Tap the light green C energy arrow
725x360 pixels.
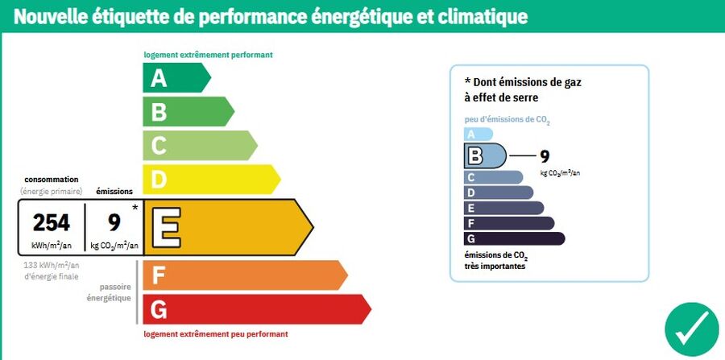click(x=198, y=145)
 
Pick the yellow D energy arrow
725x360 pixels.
click(x=209, y=179)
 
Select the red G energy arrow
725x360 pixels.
click(x=255, y=309)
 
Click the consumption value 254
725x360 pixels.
click(x=52, y=222)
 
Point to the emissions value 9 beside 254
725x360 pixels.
click(x=114, y=222)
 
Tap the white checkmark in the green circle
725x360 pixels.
click(x=692, y=329)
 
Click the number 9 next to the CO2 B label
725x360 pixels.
click(x=544, y=156)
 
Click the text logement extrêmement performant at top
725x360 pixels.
click(x=208, y=56)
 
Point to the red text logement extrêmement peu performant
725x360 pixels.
click(x=215, y=333)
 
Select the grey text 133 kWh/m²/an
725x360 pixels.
click(x=51, y=266)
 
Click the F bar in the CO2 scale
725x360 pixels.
click(x=508, y=223)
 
